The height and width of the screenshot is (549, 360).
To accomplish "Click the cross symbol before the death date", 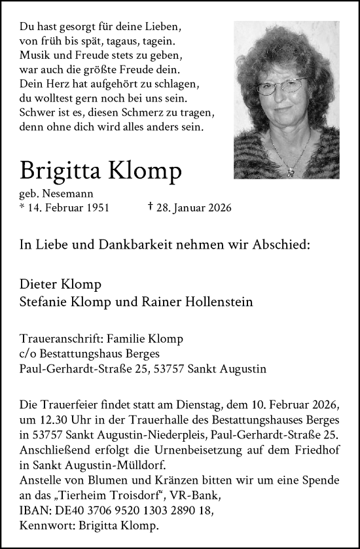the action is (152, 207).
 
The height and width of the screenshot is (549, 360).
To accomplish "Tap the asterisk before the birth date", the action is (23, 207).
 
